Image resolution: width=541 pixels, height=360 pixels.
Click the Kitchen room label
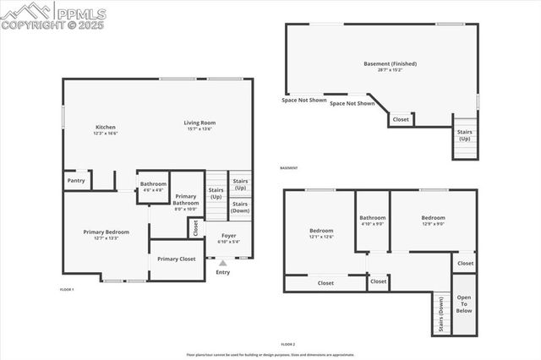tap(105, 128)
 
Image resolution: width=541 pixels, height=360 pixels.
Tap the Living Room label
tap(200, 123)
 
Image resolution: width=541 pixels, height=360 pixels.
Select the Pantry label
tap(76, 180)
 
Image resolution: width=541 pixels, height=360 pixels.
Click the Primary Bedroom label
tap(107, 232)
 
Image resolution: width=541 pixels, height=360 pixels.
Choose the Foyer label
tap(229, 236)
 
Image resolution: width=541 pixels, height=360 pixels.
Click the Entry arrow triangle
tap(223, 264)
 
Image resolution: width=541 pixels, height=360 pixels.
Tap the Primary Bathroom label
tap(186, 200)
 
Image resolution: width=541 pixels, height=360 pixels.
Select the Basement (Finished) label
tap(390, 63)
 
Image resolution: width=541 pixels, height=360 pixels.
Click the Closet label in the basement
tap(401, 120)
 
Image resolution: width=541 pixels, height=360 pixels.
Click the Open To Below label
tap(464, 304)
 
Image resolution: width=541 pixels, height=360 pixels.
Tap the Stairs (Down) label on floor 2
tap(441, 317)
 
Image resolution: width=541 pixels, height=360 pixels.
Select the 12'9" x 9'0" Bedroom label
tap(433, 218)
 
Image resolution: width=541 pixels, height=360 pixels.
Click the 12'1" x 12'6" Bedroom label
tap(321, 231)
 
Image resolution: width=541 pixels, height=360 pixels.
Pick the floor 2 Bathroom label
tap(372, 218)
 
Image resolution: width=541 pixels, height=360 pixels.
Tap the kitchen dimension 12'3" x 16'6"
tap(105, 134)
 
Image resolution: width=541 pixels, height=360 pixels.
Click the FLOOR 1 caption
tap(67, 290)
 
